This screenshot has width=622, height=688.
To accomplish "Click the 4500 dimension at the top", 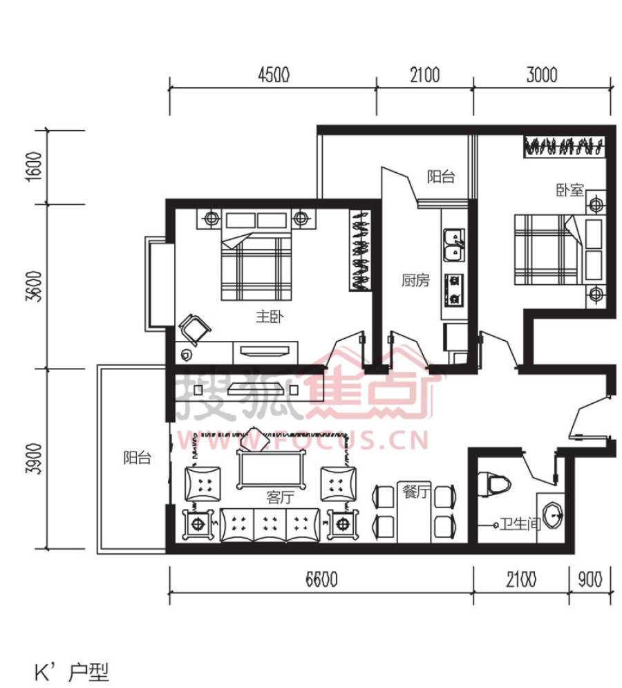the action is (x=274, y=75).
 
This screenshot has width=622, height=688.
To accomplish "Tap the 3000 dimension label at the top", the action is (x=542, y=75).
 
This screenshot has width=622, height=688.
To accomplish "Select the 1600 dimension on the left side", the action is (x=34, y=167).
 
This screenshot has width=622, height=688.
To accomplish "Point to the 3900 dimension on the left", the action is (x=35, y=458).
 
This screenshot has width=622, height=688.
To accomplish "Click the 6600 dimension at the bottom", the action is (x=321, y=579).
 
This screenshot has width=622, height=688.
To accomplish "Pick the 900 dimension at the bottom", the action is (x=590, y=579).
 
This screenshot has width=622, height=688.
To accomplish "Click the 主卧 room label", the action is (x=270, y=317).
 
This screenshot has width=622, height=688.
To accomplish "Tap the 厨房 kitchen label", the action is (x=415, y=280).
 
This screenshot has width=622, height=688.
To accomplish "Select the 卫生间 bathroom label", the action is (x=520, y=523).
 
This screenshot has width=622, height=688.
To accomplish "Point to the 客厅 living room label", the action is (x=281, y=497).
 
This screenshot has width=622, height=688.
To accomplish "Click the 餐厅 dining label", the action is (x=416, y=492).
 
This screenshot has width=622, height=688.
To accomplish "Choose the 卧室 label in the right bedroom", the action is (x=569, y=190).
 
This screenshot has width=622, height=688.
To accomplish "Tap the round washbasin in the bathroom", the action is (x=553, y=516).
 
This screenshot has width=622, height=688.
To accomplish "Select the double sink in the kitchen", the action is (x=454, y=245).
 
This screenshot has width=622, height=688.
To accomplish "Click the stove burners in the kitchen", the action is (x=454, y=290).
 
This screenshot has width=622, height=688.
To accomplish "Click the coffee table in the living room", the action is (x=272, y=470).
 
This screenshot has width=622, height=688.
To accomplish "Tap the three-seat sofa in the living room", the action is (x=270, y=525).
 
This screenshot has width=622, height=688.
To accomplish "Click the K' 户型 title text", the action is (x=72, y=672).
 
